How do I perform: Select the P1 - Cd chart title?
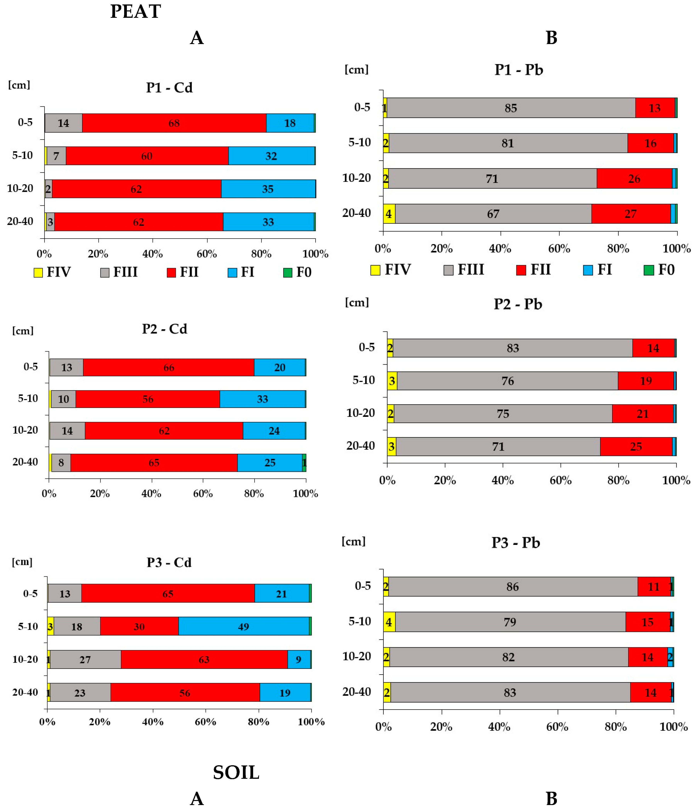click(x=169, y=87)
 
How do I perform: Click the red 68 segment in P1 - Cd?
click(x=174, y=123)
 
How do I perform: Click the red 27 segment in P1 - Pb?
click(x=630, y=214)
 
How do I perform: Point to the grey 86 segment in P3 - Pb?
click(x=512, y=587)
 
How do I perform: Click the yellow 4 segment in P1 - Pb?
click(x=389, y=214)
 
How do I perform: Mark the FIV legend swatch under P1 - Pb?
click(x=375, y=270)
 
